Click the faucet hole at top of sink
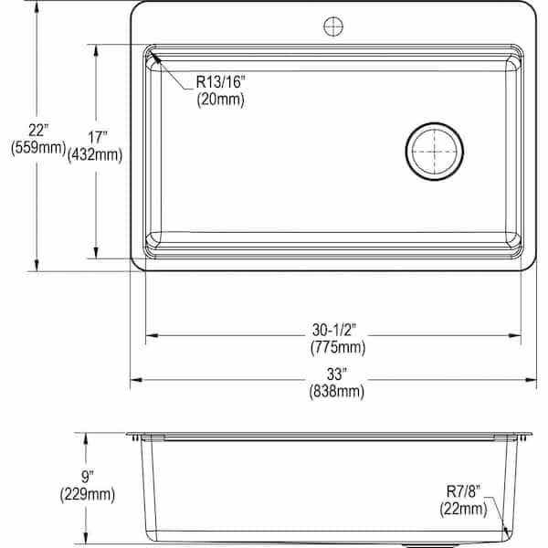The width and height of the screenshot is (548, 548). (x=332, y=26)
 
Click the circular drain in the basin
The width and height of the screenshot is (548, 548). (x=435, y=153)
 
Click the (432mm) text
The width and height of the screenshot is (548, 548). (x=95, y=155)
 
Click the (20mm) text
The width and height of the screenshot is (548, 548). (x=220, y=100)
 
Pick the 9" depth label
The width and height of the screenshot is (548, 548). (x=87, y=477)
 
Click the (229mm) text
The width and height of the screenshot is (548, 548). (x=87, y=495)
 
